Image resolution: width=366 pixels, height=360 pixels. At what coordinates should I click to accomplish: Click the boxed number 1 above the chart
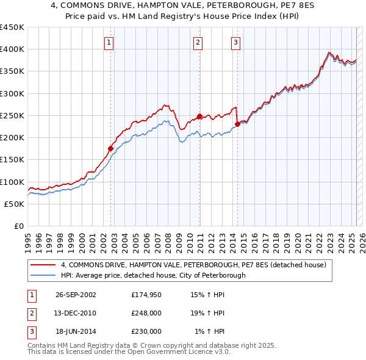[x=109, y=43]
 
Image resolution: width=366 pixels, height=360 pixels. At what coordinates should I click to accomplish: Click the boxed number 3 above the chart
[x=235, y=43]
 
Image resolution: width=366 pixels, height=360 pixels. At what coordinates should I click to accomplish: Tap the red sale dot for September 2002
[x=111, y=148]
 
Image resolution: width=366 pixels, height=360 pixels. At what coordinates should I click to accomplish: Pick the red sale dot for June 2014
[x=237, y=124]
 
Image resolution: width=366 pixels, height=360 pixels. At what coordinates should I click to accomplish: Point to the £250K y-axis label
[x=12, y=115]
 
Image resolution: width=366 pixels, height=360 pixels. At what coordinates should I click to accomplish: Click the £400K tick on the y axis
[x=12, y=49]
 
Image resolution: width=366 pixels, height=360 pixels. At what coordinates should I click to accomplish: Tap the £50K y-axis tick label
[x=15, y=204]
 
